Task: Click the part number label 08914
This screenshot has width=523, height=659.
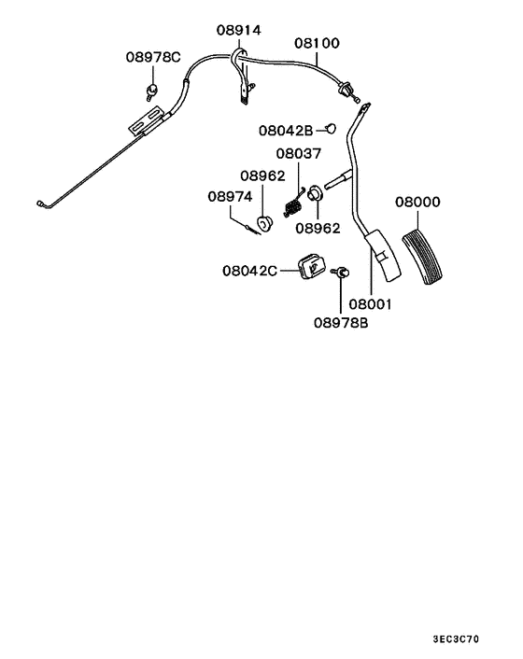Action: coord(239,30)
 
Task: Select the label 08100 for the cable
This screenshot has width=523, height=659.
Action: coord(318,43)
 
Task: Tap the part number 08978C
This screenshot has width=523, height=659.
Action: coord(152,57)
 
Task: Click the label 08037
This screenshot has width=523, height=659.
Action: coord(298,153)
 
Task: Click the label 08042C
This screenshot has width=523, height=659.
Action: coord(249,271)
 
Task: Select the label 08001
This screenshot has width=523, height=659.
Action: coord(372,304)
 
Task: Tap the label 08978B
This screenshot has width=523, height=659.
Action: coord(341,323)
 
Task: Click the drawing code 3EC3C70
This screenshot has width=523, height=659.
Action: coord(457,640)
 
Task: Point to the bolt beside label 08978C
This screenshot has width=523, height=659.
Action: coord(149,90)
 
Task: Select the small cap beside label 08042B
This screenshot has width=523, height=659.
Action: coord(331,129)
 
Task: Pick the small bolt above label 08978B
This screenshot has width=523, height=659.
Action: coord(341,272)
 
